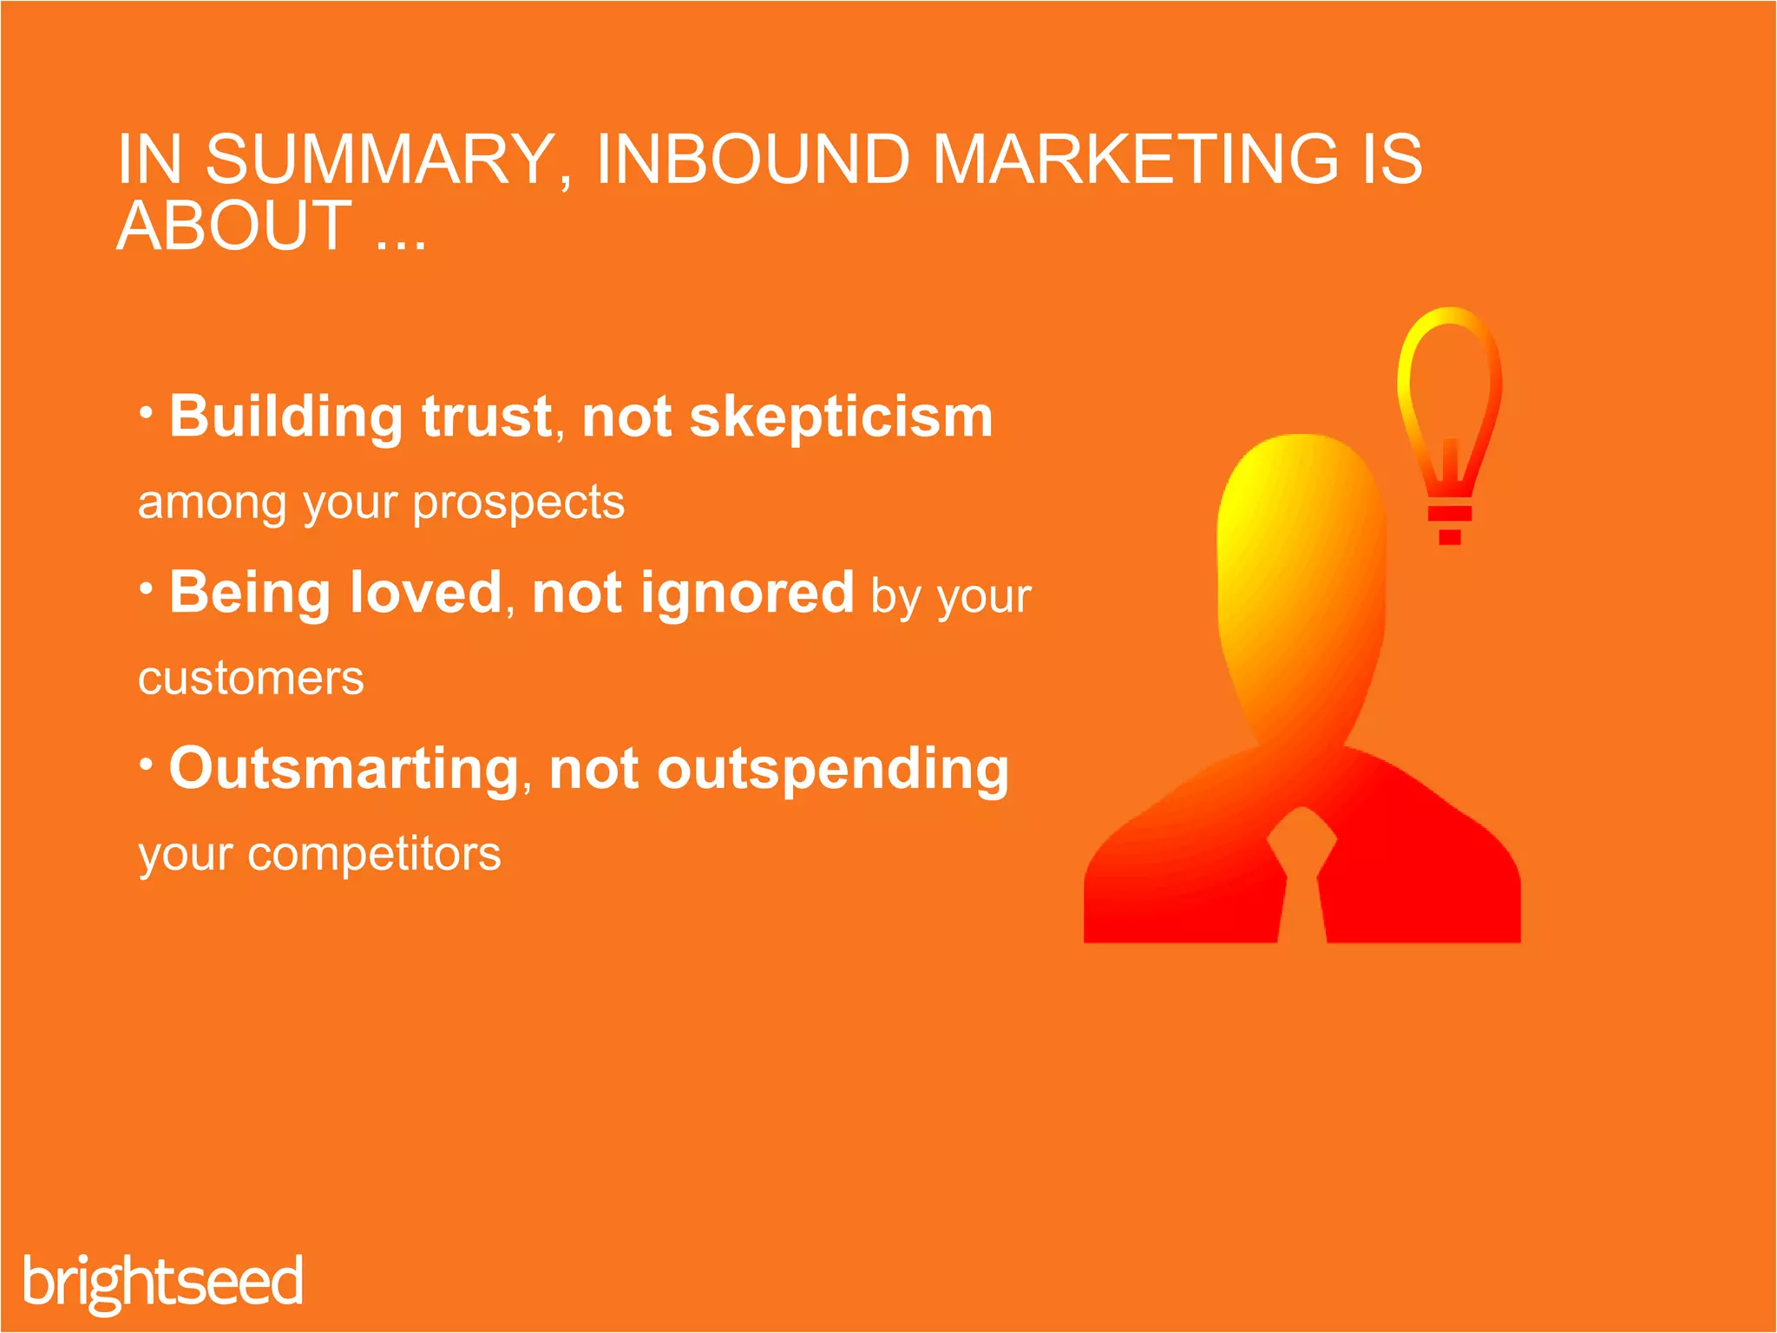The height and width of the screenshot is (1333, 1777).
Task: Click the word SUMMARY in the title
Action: (x=380, y=160)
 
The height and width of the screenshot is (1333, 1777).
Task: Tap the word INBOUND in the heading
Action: (x=752, y=160)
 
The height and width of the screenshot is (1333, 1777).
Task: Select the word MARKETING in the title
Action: (x=1135, y=160)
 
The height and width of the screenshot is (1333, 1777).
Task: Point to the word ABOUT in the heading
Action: (x=234, y=227)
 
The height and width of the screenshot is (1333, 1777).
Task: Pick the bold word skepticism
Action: (x=841, y=417)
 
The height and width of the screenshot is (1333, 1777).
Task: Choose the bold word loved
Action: (x=425, y=593)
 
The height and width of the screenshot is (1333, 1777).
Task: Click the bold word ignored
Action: (x=747, y=593)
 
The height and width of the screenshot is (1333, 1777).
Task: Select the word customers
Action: (x=251, y=679)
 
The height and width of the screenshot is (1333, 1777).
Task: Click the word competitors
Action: (x=374, y=854)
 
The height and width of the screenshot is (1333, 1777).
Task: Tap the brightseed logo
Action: (x=163, y=1283)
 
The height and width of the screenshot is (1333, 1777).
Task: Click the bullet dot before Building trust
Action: (x=147, y=411)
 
